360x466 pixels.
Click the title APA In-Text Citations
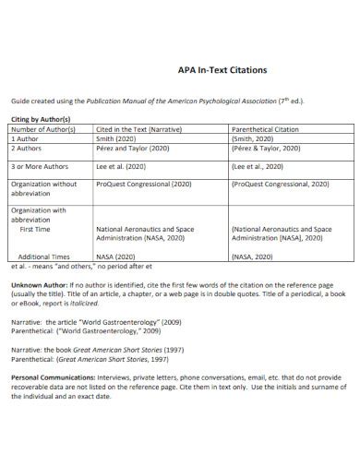point(222,69)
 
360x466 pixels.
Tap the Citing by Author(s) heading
point(40,120)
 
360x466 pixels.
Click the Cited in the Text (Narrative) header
point(139,129)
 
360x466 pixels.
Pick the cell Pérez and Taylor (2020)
point(134,148)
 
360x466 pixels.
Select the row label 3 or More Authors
point(42,166)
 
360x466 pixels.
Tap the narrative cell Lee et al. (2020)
point(123,166)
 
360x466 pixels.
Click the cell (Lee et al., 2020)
point(260,166)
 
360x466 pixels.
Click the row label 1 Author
point(27,138)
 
